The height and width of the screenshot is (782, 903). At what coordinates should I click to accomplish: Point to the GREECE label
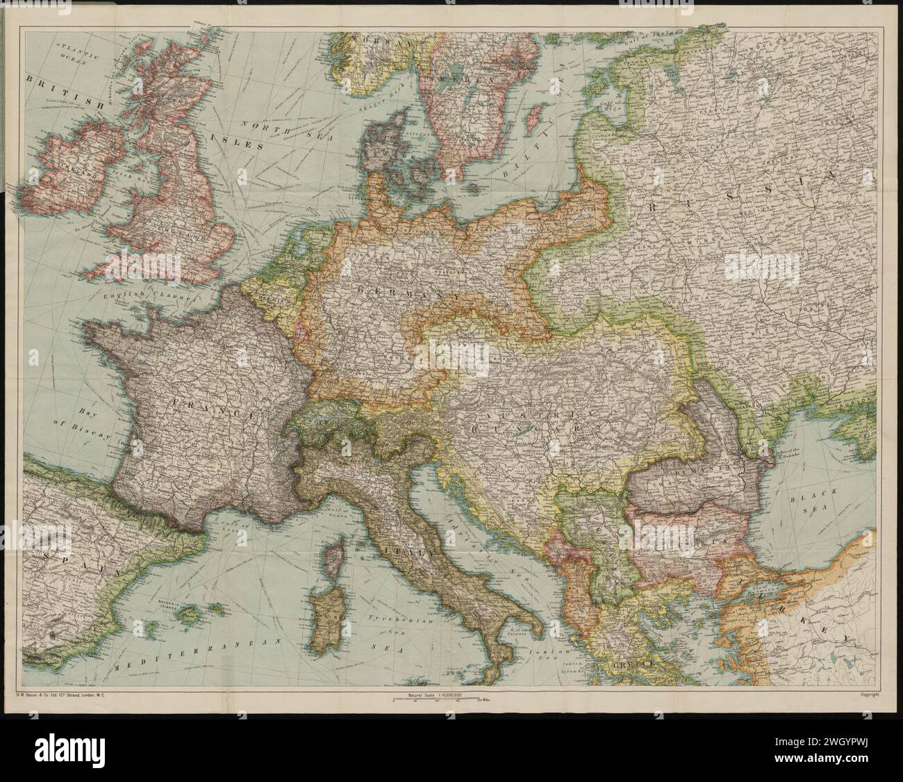point(634,665)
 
